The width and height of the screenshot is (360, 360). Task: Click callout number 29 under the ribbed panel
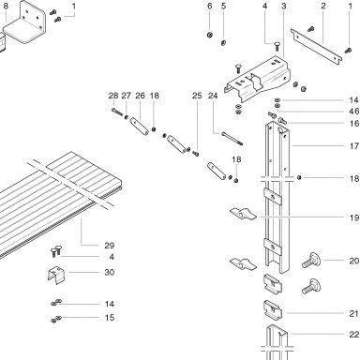[110, 246]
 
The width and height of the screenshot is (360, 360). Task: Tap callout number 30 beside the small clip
[110, 272]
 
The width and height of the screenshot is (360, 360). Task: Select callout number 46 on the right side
[354, 112]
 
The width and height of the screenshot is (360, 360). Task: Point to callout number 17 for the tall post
[354, 146]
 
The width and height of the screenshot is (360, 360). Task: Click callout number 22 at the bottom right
[354, 335]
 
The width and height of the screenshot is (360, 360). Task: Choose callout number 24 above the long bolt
[213, 96]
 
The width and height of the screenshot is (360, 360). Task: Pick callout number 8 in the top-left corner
[6, 6]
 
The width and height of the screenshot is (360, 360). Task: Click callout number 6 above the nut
[210, 6]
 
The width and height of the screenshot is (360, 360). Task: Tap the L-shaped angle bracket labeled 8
[25, 23]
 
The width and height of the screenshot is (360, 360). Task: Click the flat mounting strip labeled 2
[316, 47]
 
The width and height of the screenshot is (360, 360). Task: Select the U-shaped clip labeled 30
[56, 275]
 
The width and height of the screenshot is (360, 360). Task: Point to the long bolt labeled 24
[232, 139]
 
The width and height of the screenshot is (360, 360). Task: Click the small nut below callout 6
[210, 35]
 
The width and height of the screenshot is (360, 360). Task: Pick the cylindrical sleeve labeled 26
[140, 126]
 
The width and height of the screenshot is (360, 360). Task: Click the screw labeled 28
[116, 112]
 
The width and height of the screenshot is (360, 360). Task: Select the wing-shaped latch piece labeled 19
[243, 214]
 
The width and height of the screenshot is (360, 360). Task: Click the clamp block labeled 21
[273, 310]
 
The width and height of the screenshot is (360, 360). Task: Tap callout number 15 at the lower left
[110, 318]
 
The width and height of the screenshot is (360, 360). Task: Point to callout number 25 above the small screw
[197, 96]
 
